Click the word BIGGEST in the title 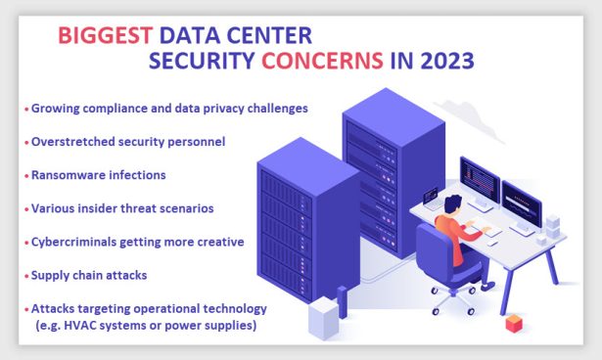click(x=104, y=36)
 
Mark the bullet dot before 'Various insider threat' click(x=26, y=208)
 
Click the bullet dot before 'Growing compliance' click(x=26, y=108)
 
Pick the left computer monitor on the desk click(x=479, y=180)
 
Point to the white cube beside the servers click(x=320, y=315)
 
